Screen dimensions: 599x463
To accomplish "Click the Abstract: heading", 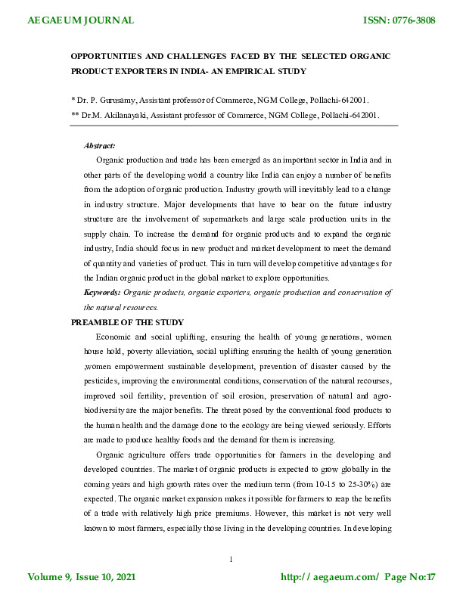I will pyautogui.click(x=100, y=144).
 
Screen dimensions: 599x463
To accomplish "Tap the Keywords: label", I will pyautogui.click(x=102, y=292).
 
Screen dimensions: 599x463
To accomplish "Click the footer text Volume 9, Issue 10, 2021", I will pyautogui.click(x=82, y=577).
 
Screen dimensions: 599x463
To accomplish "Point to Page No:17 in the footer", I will pyautogui.click(x=409, y=577).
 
